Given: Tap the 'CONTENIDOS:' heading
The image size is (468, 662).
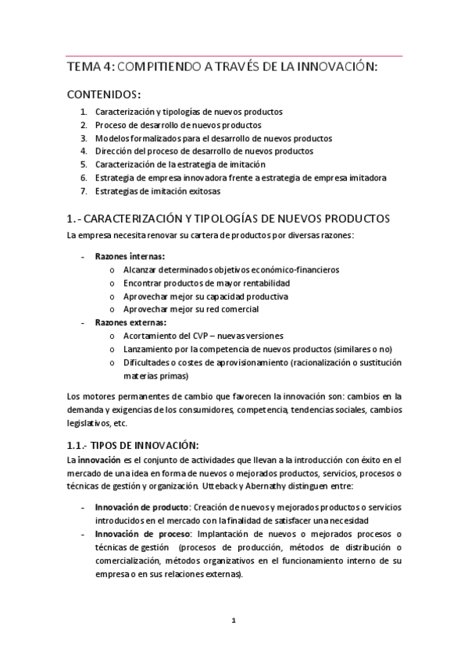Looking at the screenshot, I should [104, 94].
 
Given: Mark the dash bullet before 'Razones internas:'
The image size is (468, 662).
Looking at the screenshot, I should [84, 256].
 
